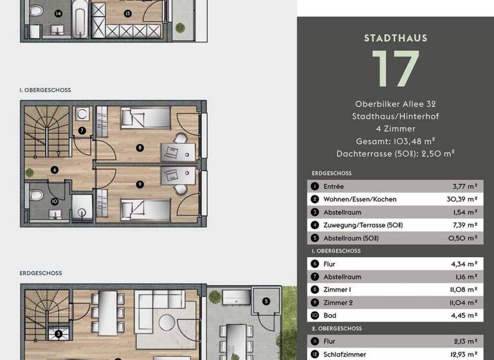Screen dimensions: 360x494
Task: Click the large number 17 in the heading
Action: [x=395, y=69]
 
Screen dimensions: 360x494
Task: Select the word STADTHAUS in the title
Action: [x=395, y=38]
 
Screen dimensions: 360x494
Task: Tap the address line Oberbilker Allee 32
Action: [x=395, y=104]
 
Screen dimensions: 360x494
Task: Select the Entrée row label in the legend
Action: [x=333, y=186]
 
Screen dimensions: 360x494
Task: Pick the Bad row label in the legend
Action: [x=329, y=316]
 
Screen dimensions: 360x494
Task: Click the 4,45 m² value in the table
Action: [x=463, y=316]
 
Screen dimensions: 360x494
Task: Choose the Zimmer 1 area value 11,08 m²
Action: [x=463, y=290]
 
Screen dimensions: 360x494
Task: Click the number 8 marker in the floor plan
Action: [x=140, y=148]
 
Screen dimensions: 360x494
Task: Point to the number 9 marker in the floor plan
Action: [x=140, y=184]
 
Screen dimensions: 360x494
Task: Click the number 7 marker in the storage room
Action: [x=82, y=130]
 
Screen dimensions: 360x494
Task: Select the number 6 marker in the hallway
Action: [x=55, y=170]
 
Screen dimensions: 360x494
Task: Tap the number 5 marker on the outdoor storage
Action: [x=266, y=300]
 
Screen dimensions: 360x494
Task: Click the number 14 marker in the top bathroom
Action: [x=59, y=14]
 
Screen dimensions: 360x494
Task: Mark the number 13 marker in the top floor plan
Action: [x=128, y=13]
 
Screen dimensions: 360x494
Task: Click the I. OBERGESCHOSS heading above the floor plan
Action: [x=45, y=91]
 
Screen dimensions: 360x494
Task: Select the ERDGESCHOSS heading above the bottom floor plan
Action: [x=41, y=273]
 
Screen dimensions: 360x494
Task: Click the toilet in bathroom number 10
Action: [x=37, y=195]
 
